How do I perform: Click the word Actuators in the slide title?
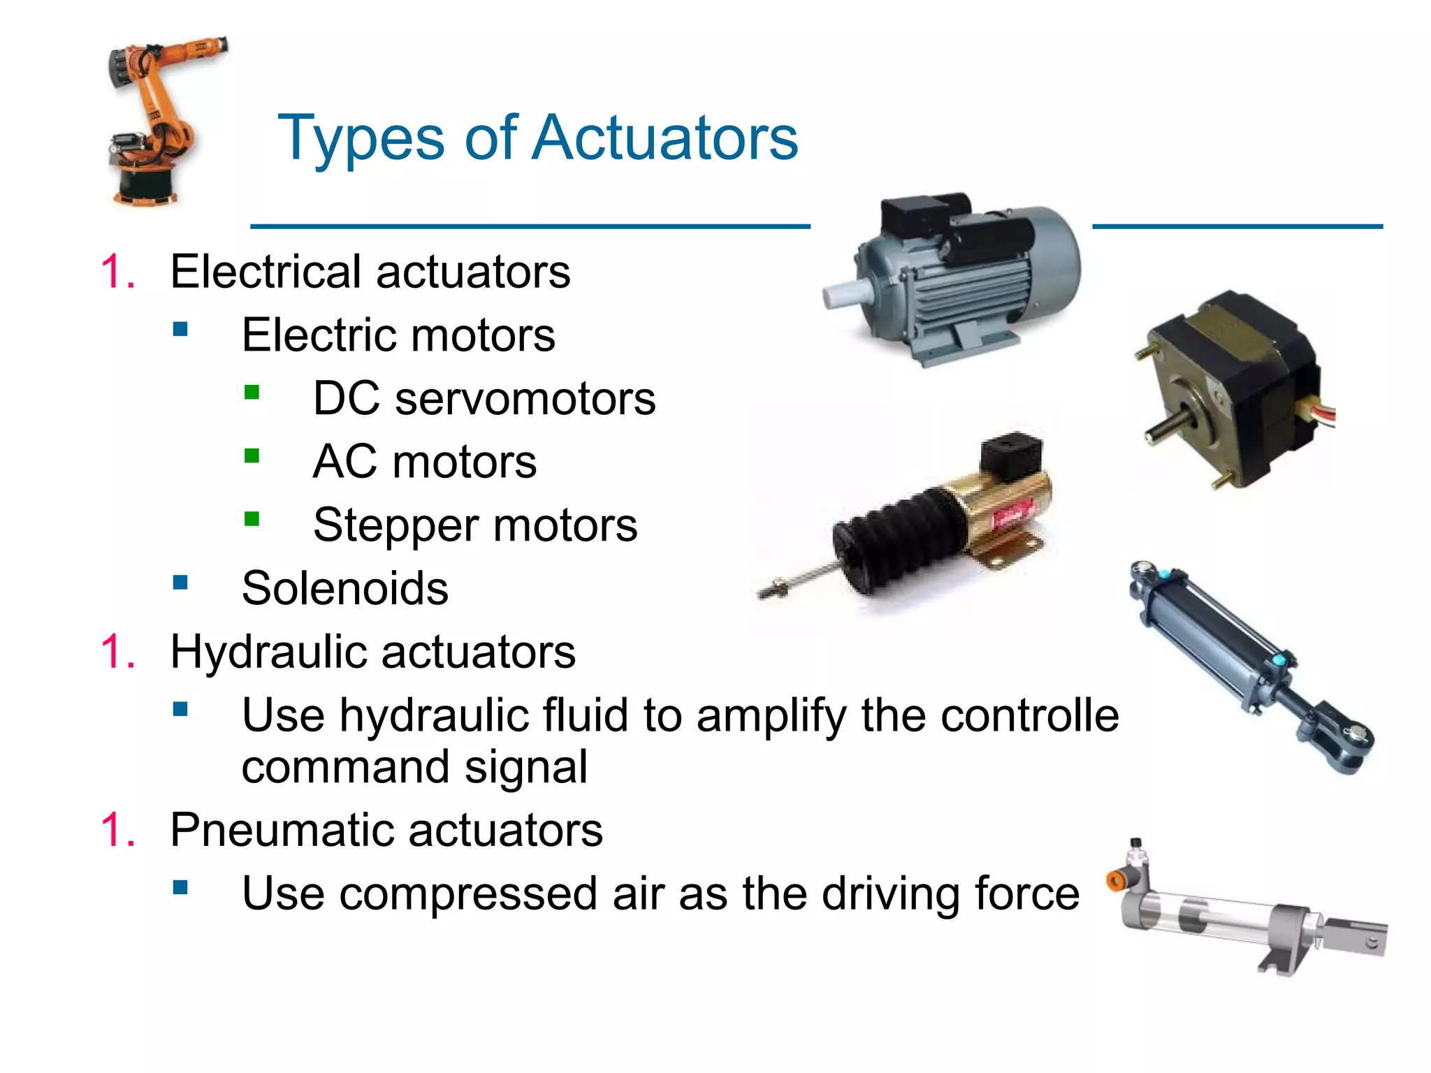664,138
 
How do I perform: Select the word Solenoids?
344,588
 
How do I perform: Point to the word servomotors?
525,399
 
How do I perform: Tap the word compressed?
467,893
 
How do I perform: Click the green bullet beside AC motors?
252,456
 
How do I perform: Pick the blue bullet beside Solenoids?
180,582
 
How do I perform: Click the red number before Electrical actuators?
117,271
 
